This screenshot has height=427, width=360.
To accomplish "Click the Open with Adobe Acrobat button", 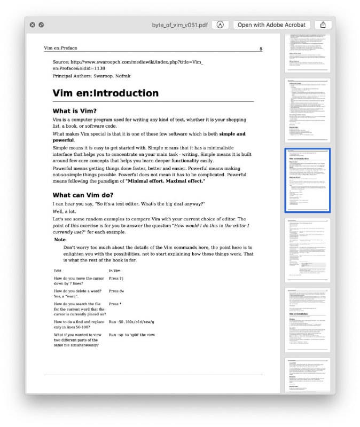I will coord(272,25).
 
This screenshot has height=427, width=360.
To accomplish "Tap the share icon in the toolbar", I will coord(323,25).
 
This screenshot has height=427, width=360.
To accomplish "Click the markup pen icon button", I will coord(220,25).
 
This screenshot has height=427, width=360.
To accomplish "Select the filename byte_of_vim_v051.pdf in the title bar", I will coord(180,25).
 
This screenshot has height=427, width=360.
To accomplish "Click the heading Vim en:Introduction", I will coord(105,93).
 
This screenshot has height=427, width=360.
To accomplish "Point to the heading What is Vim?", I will coord(74,111).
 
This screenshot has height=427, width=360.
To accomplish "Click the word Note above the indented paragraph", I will coord(60,240).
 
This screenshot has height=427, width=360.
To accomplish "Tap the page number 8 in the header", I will coord(261,49).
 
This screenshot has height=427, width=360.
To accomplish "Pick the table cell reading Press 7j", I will coord(116,279).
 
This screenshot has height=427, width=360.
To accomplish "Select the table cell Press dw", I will coord(116,291).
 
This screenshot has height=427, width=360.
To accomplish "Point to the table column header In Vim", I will coord(116,271).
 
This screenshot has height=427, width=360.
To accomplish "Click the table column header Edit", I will coord(57,271).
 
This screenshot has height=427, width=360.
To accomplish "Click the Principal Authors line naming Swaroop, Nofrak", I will coord(91,76).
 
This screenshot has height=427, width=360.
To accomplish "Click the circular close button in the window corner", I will coord(32,25).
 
